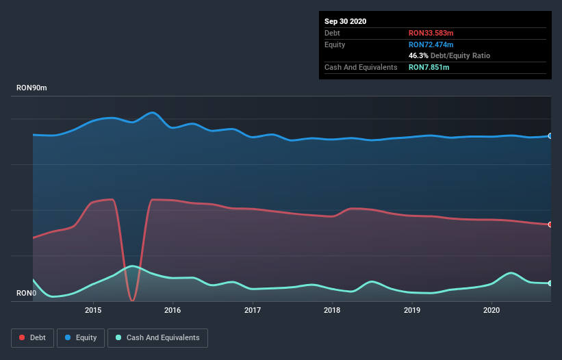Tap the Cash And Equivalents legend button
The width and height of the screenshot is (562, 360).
click(157, 337)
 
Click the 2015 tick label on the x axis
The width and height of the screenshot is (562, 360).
click(93, 310)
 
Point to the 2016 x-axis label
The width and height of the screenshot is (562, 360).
click(173, 310)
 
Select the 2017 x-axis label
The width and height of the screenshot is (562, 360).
click(253, 310)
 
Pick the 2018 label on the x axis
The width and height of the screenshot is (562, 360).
click(332, 310)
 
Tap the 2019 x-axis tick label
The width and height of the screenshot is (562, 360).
click(412, 310)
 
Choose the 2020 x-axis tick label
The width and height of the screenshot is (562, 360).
click(491, 310)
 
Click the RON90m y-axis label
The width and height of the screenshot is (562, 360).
click(31, 88)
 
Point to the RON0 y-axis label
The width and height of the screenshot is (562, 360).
click(26, 294)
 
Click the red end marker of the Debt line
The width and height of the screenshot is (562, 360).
click(550, 224)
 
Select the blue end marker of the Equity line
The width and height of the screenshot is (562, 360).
click(550, 136)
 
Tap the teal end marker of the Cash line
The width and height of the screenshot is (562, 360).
click(550, 283)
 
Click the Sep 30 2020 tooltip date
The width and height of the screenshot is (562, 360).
click(345, 21)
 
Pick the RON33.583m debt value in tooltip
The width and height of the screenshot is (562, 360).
click(431, 33)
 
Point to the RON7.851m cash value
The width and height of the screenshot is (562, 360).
click(429, 67)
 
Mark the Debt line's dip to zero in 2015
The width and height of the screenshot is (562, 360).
click(132, 300)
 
